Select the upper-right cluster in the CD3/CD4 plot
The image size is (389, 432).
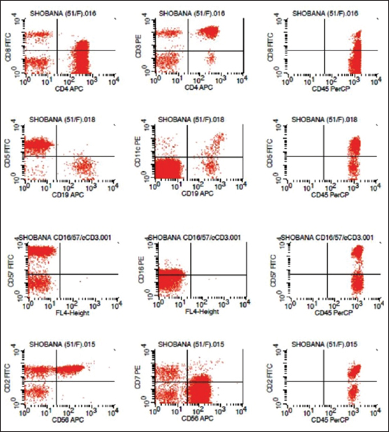[210, 32]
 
